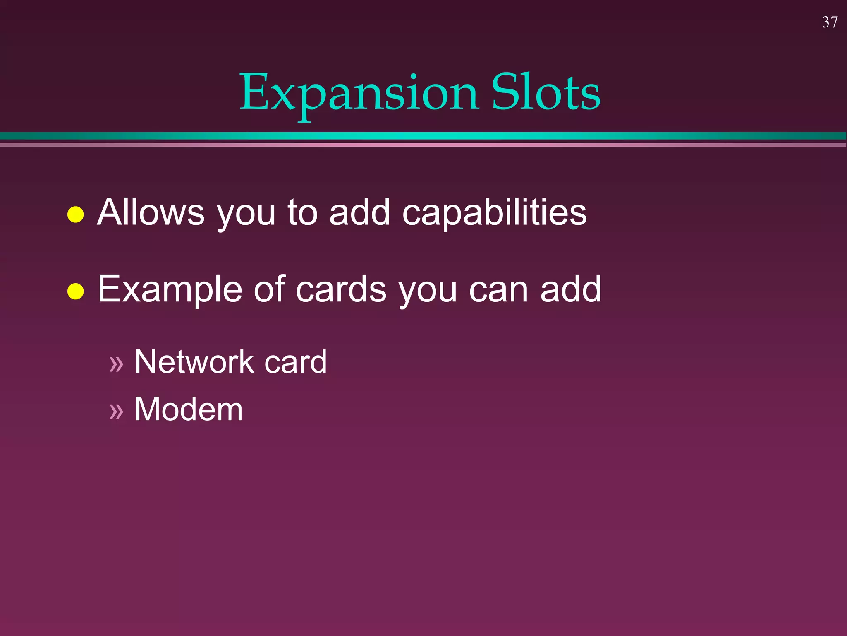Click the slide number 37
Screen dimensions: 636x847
coord(830,22)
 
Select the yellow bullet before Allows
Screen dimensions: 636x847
coord(76,214)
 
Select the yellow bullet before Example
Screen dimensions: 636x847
coord(76,291)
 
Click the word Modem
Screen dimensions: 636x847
coord(189,409)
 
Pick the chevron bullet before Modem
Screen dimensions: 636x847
coord(116,411)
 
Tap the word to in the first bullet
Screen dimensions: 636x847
coord(302,212)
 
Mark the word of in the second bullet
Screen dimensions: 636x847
coord(269,289)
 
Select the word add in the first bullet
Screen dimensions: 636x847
coord(359,212)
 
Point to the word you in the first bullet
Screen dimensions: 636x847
coord(246,215)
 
